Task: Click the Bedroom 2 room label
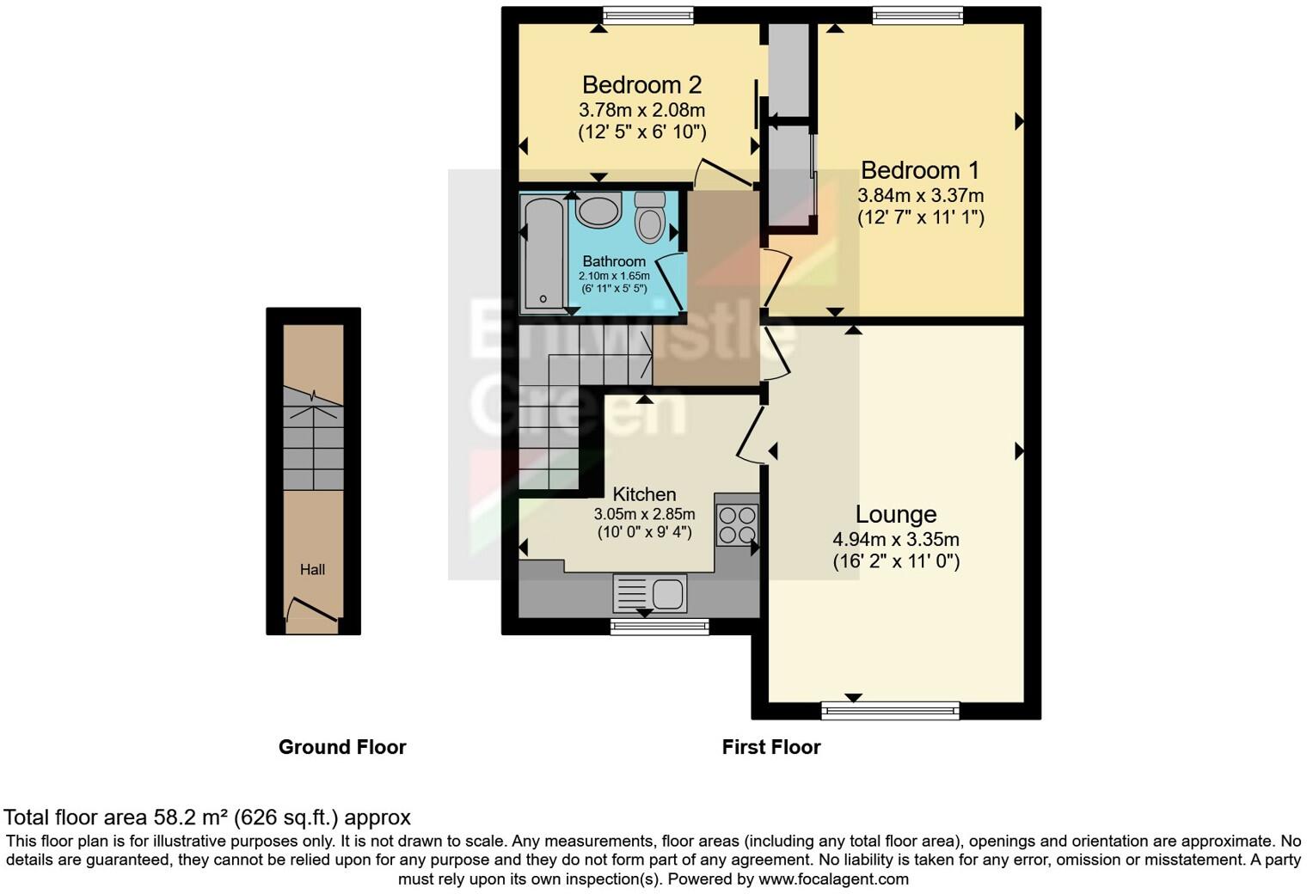pos(641,85)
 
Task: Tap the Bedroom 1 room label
pos(919,170)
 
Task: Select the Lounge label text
pos(895,514)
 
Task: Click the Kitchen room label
pos(644,494)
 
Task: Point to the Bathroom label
pos(613,261)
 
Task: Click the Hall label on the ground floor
pos(312,569)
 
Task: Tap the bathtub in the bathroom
pos(543,252)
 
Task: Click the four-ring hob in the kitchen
pos(737,524)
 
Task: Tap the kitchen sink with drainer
pos(650,593)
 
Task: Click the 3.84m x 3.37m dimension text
pos(920,196)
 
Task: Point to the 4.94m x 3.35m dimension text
pos(895,540)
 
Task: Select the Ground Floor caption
pos(342,747)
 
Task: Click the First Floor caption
pos(771,747)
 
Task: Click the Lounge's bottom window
pos(889,710)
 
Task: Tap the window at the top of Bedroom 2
pos(647,15)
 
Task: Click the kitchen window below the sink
pos(660,627)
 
